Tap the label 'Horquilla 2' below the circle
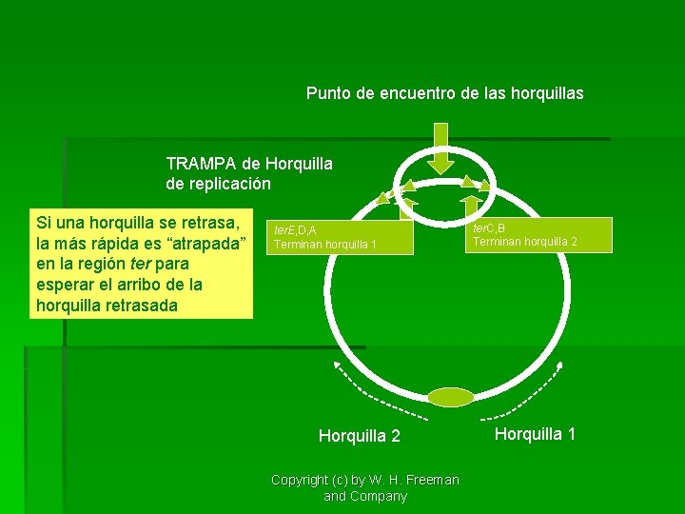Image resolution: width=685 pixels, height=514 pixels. click(359, 436)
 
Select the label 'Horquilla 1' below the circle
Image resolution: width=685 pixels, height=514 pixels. click(535, 434)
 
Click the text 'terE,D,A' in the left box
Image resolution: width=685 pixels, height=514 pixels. click(295, 230)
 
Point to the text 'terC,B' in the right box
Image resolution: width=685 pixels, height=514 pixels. click(490, 228)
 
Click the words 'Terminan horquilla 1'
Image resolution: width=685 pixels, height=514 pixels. click(325, 245)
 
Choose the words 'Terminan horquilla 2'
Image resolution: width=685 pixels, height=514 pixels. click(525, 242)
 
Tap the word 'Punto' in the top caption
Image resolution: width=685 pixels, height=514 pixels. click(327, 93)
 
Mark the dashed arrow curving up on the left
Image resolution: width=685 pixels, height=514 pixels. click(381, 390)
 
